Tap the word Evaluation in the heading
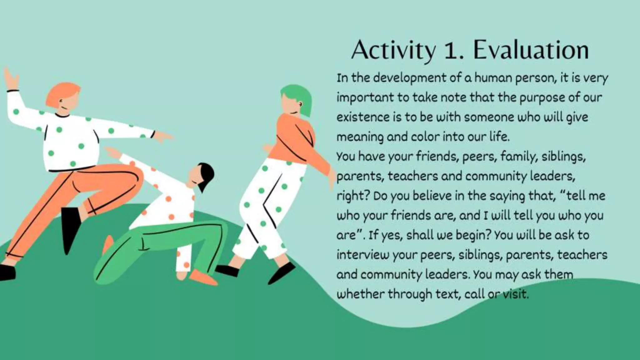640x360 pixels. [531, 50]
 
